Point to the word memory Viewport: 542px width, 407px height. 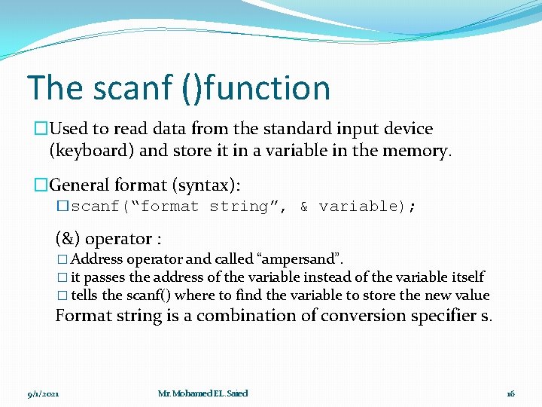point(416,150)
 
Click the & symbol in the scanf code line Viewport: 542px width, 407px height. point(304,207)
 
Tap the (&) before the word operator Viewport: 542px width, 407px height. point(68,239)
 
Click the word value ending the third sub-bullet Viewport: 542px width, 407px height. point(471,295)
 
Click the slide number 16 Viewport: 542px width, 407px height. point(510,393)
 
